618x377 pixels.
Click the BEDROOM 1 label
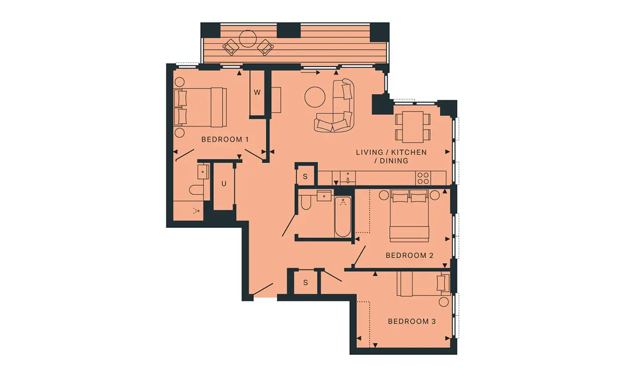point(225,139)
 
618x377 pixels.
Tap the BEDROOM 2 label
point(409,256)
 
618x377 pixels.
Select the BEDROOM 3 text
point(411,321)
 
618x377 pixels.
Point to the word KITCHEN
point(409,152)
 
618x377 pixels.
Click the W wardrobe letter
point(257,93)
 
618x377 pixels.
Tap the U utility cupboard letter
point(224,184)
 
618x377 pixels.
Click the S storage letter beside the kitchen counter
point(305,176)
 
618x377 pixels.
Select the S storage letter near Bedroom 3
point(305,282)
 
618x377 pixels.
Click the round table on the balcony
point(248,39)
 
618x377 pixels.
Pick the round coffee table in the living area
point(315,97)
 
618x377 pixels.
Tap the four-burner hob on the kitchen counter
point(423,178)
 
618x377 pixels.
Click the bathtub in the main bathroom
point(342,217)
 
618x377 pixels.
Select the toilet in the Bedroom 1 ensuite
point(196,190)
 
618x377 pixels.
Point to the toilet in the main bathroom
point(306,203)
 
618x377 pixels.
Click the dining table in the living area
point(413,127)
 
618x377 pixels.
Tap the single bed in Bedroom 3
point(423,284)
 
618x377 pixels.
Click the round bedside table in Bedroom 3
point(443,302)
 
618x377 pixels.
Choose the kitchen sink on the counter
point(348,178)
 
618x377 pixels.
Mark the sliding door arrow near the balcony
point(311,73)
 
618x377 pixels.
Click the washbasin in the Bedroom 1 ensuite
point(203,172)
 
